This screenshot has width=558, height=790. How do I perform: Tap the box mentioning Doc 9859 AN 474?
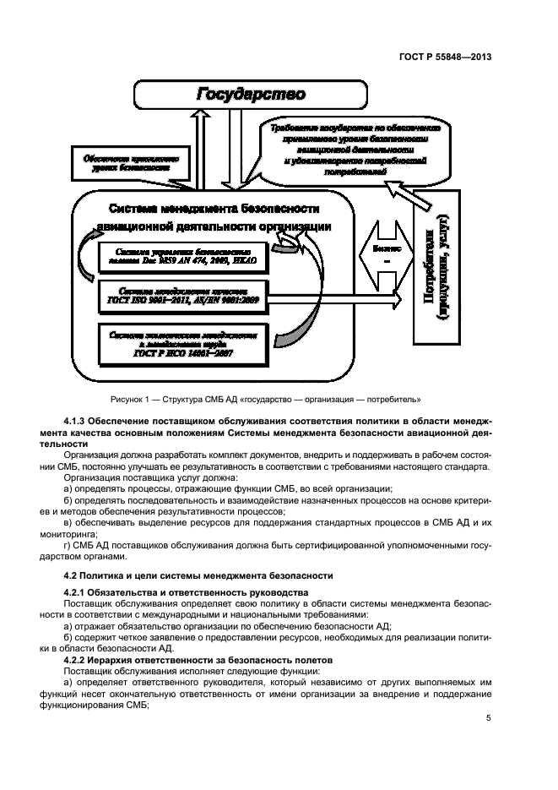tap(187, 256)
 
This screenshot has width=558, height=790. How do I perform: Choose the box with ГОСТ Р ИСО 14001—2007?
tap(187, 344)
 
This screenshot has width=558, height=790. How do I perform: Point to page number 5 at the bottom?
tap(489, 719)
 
